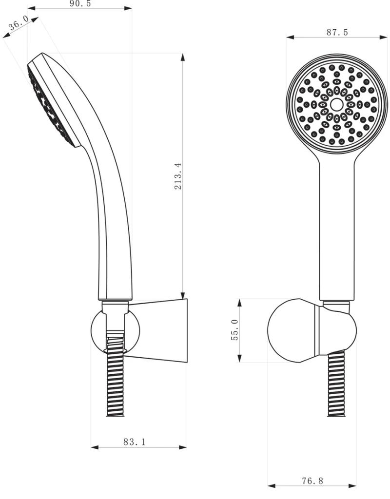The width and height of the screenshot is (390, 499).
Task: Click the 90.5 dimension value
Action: [x=80, y=3]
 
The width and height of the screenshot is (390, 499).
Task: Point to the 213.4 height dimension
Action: [x=178, y=176]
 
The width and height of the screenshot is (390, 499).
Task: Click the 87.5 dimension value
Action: [x=337, y=32]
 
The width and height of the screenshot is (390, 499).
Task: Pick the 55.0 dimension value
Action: [x=235, y=330]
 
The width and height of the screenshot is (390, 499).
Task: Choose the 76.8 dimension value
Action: [x=312, y=481]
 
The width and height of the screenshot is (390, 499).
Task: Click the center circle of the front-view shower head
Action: [x=336, y=104]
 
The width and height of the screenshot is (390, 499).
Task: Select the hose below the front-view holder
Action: [x=336, y=385]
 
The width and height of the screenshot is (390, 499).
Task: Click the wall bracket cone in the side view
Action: [x=161, y=330]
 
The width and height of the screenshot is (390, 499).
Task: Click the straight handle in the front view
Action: [x=336, y=229]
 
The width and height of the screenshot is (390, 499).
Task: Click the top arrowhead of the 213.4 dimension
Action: [x=183, y=57]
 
